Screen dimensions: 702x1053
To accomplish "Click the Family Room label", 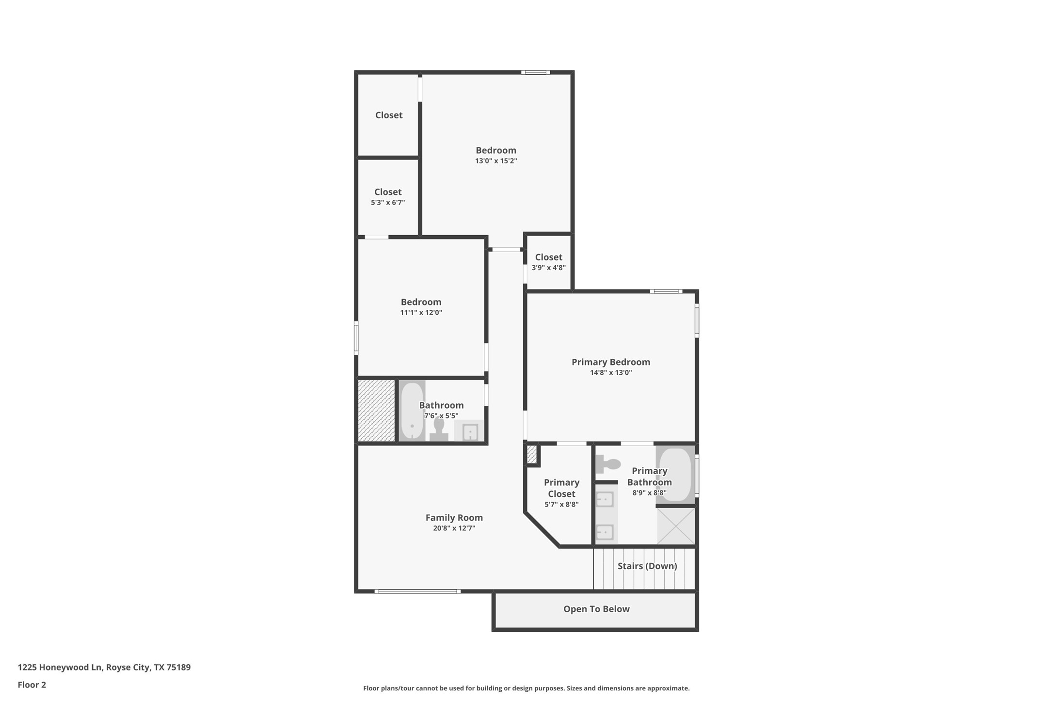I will pos(454,517).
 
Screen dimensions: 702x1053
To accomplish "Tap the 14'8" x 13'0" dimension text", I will pos(610,372).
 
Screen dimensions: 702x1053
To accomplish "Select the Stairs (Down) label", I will pos(647,566).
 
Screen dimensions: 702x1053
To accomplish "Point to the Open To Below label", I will pos(596,609).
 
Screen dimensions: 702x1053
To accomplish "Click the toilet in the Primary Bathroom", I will pos(608,464).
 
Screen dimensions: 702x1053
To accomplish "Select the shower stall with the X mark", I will pos(676,526).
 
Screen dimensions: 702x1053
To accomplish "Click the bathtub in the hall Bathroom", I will pos(412,411).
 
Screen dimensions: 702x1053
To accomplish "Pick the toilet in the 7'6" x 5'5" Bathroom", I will pos(439,430).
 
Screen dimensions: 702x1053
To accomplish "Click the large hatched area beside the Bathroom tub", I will pos(376,411).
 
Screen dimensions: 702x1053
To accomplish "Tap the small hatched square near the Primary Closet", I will pos(532,455).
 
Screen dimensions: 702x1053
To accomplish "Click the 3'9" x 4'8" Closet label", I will pos(548,257).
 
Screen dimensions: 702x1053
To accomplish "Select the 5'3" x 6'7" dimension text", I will pos(387,203).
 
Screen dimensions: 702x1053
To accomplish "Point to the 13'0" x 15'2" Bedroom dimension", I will pos(495,161).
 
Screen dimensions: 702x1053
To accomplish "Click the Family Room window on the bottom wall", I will pos(417,591).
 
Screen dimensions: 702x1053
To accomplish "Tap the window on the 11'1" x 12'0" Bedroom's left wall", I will pos(356,338).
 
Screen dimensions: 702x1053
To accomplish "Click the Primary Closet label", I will pos(561,488).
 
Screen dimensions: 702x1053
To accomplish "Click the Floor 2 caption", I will pos(32,685).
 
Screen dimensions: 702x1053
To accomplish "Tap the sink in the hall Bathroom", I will pos(469,431).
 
